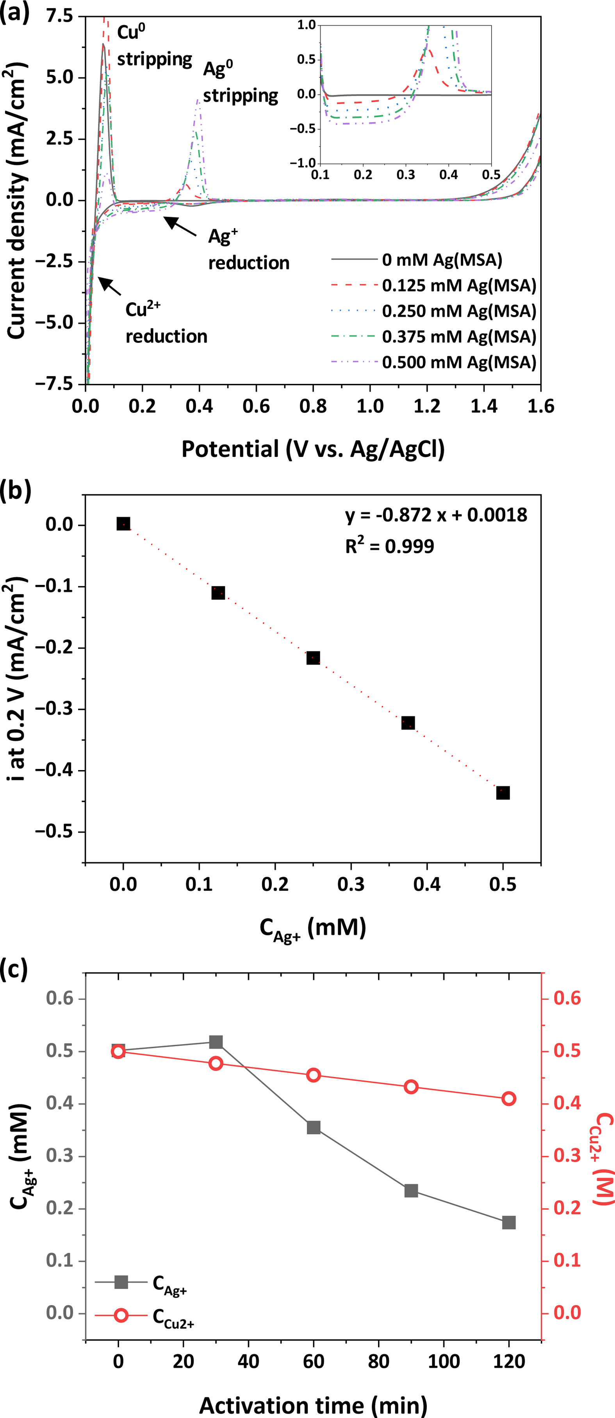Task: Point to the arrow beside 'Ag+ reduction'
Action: (x=180, y=226)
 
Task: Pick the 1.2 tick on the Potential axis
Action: (x=427, y=406)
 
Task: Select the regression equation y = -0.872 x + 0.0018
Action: (x=436, y=515)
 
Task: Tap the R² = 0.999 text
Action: (x=389, y=546)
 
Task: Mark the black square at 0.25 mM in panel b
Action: (x=313, y=658)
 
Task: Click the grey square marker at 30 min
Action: (x=216, y=1042)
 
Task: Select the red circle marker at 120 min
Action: (x=509, y=1099)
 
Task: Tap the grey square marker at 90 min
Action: (x=411, y=1175)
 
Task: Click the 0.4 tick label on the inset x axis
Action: (x=448, y=175)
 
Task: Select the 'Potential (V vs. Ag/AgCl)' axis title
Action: (x=313, y=449)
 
